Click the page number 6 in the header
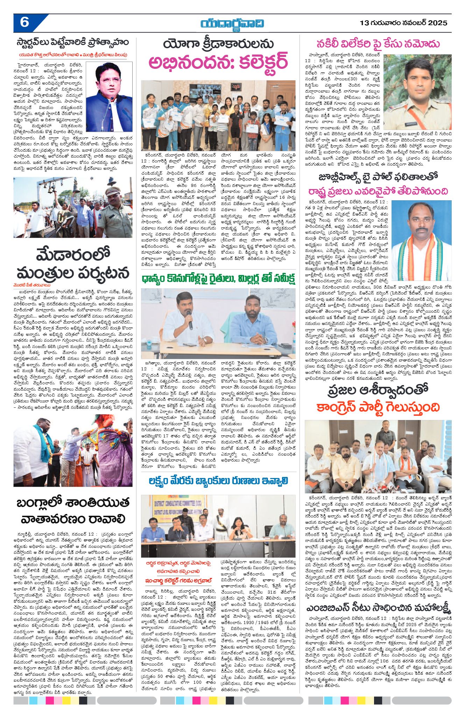24,23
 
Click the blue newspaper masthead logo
232,24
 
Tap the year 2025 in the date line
437,23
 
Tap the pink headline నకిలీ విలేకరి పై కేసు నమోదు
378,44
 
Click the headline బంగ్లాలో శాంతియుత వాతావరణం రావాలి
73,510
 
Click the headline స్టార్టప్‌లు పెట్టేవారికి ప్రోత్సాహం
73,43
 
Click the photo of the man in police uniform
417,92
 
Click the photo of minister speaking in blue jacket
109,97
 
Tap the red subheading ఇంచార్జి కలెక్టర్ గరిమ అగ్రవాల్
178,580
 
